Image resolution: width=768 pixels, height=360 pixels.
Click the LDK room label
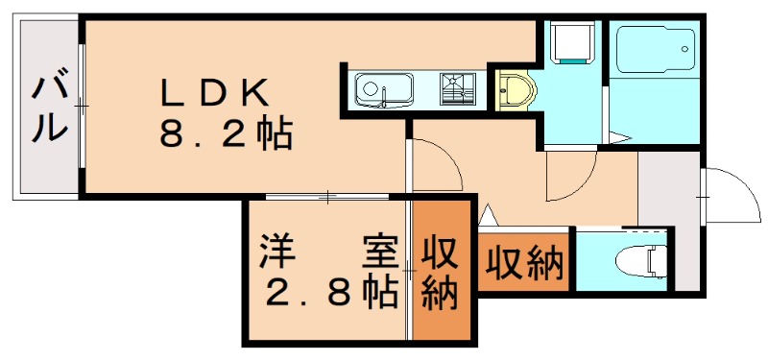point(213,92)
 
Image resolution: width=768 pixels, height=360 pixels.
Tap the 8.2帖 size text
point(225,135)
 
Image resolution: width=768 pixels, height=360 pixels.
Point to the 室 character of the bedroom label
point(378,252)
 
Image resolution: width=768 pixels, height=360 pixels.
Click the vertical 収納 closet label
point(441,274)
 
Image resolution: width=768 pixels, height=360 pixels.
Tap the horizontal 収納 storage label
point(523,262)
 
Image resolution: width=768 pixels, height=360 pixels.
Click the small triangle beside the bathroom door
point(620,140)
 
